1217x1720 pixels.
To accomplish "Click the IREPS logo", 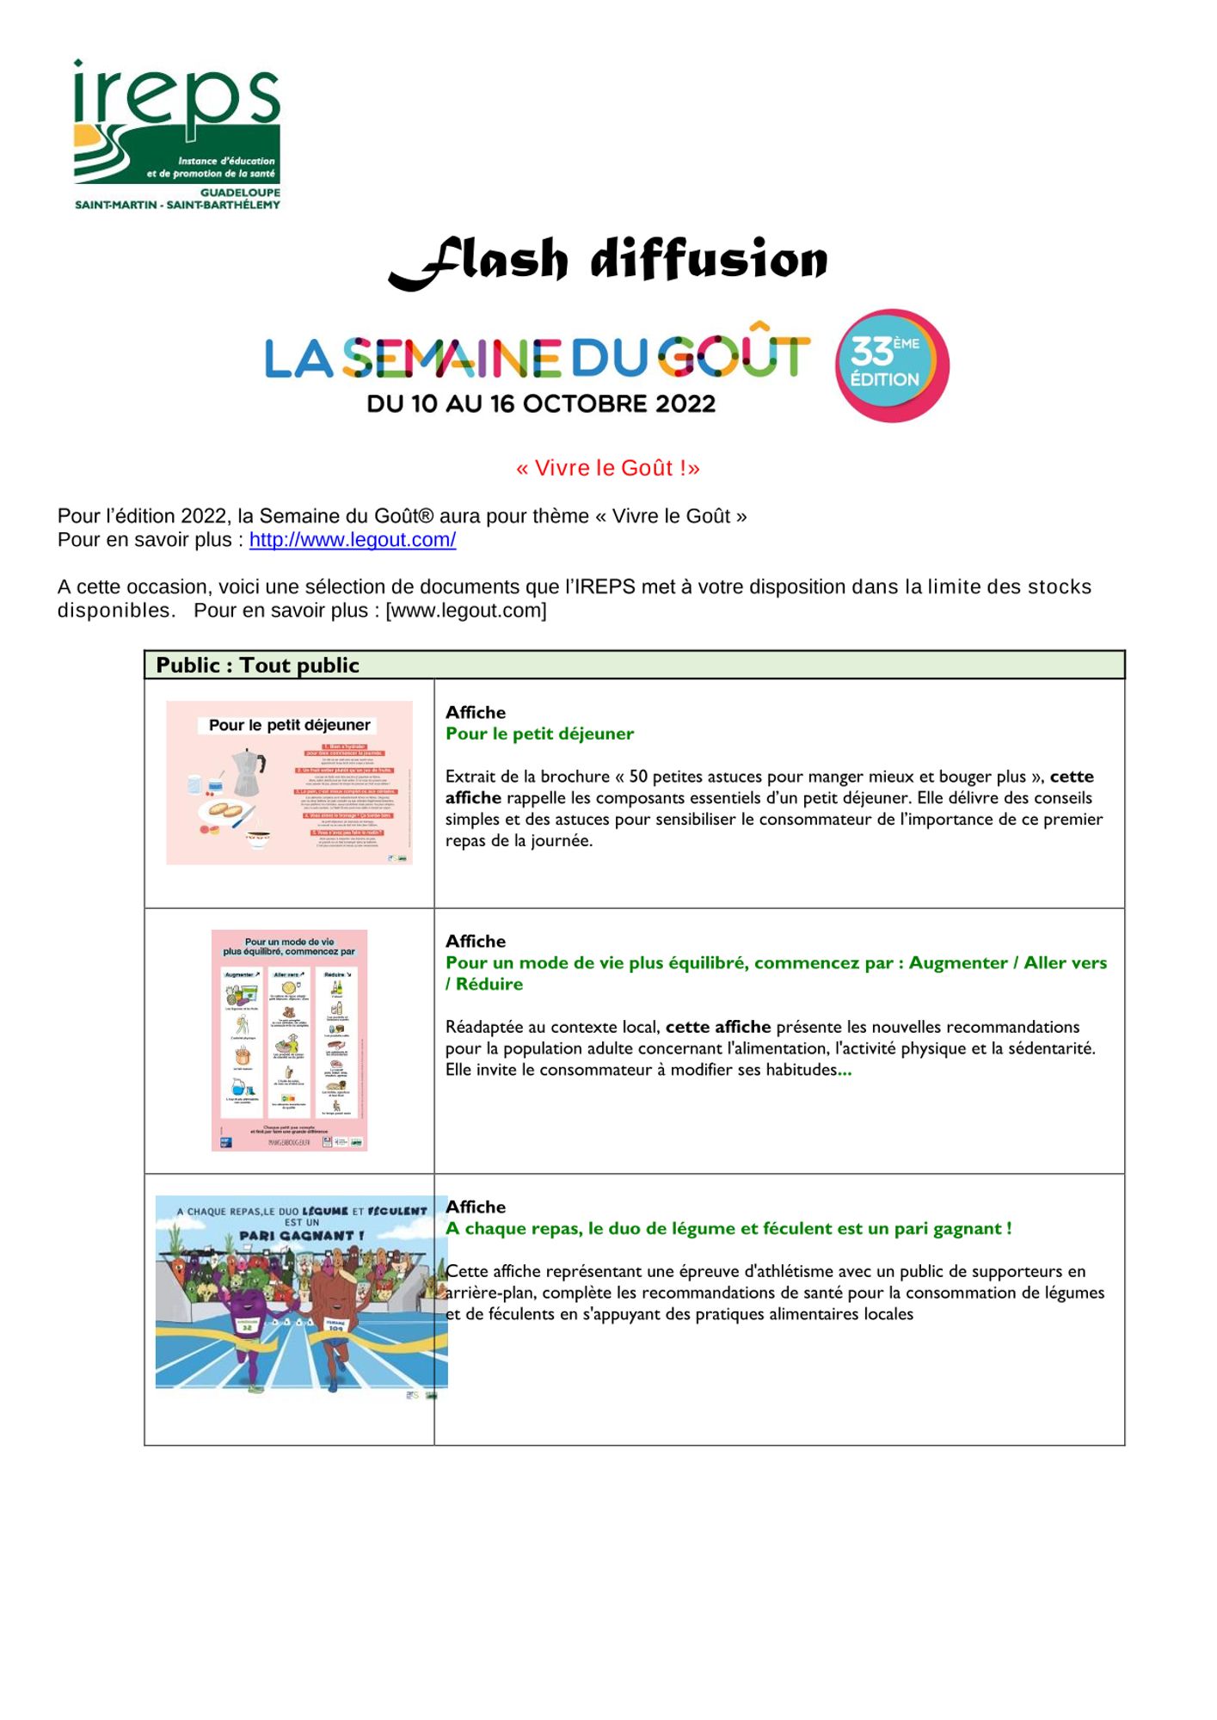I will tap(177, 134).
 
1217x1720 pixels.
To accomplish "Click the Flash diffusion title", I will tap(608, 260).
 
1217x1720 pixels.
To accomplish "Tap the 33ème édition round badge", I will tap(892, 365).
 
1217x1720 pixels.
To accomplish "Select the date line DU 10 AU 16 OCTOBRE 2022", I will tap(541, 403).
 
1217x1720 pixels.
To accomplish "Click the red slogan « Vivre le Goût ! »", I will tap(608, 468).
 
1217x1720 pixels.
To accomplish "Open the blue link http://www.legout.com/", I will tap(353, 540).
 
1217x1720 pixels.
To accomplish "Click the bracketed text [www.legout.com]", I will tap(466, 611).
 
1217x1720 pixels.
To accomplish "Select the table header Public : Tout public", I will tap(257, 665).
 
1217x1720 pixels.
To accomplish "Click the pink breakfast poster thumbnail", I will tap(289, 783).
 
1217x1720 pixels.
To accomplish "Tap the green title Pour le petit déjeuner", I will tap(539, 734).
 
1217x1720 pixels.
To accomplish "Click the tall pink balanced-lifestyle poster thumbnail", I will tap(289, 1040).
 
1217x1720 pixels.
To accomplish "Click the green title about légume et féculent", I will tap(728, 1228).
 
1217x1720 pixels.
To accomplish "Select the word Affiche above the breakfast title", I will tap(476, 712).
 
